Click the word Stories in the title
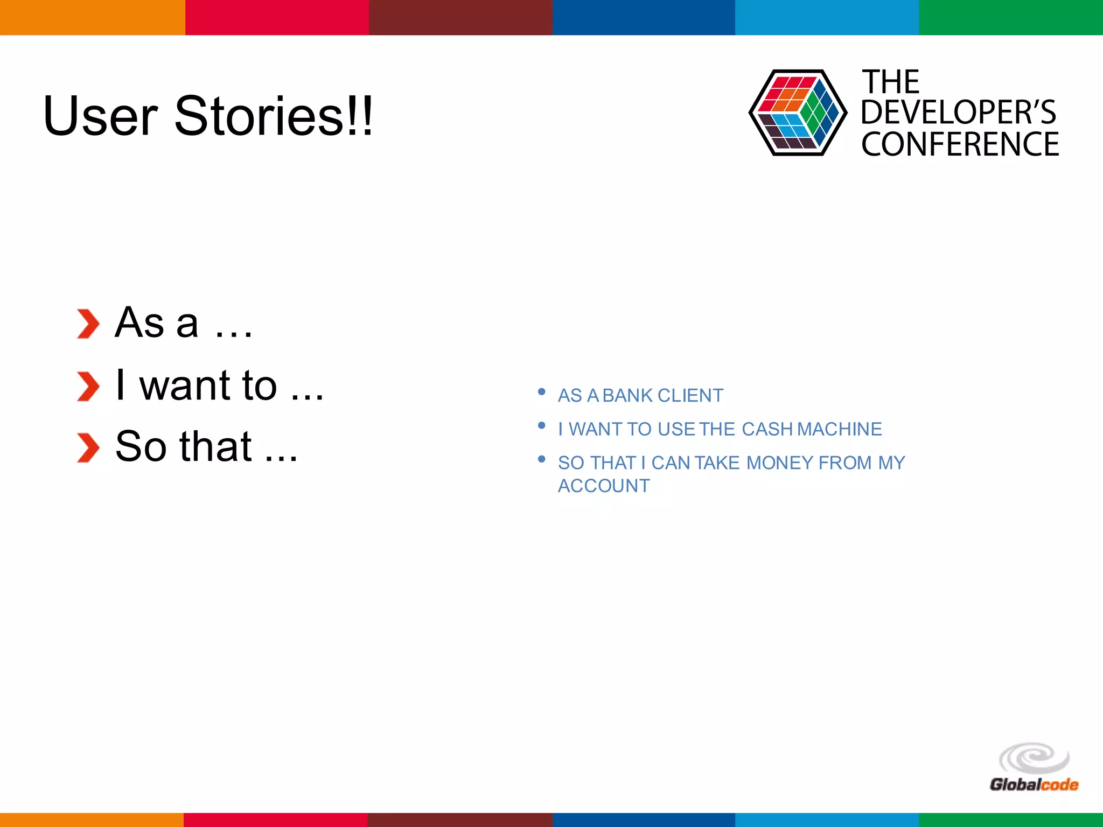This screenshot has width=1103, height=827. [259, 116]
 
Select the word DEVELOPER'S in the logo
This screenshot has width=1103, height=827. [958, 113]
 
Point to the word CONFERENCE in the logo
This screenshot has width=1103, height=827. [960, 144]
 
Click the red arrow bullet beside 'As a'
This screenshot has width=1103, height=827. [88, 324]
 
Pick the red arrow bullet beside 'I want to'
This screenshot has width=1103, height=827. [88, 386]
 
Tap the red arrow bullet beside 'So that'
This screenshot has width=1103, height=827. [88, 447]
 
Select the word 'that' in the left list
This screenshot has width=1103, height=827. [215, 447]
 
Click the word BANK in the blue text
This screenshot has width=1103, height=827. [627, 396]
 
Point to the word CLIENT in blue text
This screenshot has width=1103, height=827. [690, 396]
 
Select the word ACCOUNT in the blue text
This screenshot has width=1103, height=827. [604, 486]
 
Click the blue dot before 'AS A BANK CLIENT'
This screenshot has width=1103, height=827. [542, 392]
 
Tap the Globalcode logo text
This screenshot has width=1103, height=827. [1034, 784]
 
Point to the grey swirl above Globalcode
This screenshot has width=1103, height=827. [1034, 758]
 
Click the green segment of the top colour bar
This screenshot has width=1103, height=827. [1010, 17]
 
